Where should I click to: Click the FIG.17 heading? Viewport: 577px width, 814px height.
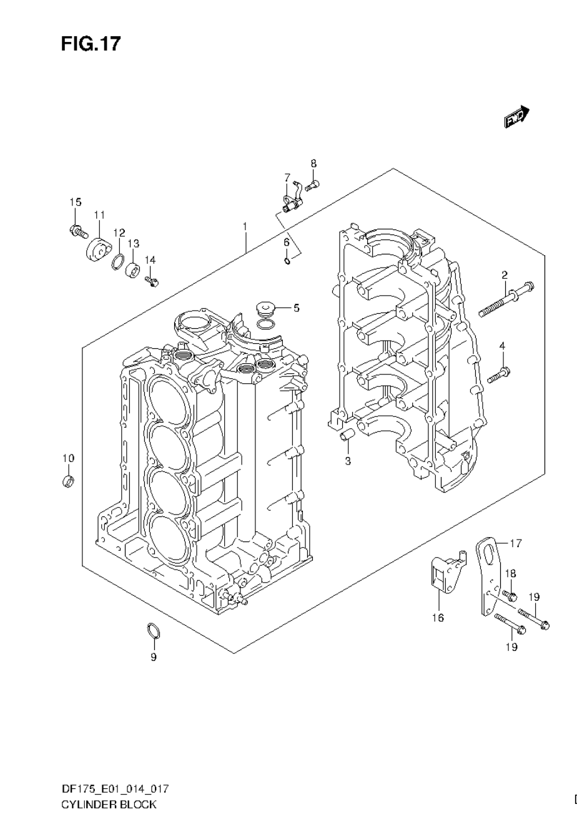(91, 44)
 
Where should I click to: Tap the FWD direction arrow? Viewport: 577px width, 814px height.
(517, 116)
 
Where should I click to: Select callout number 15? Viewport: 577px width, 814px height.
(76, 202)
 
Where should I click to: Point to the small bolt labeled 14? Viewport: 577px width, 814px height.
(152, 281)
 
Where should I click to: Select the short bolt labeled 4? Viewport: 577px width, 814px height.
(498, 376)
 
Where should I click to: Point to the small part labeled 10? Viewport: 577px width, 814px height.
(68, 481)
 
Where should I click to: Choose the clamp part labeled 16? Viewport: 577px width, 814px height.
(445, 575)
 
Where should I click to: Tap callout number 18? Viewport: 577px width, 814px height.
(510, 573)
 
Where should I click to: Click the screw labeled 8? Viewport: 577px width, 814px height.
(314, 184)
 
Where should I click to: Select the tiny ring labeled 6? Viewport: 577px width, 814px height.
(287, 260)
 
